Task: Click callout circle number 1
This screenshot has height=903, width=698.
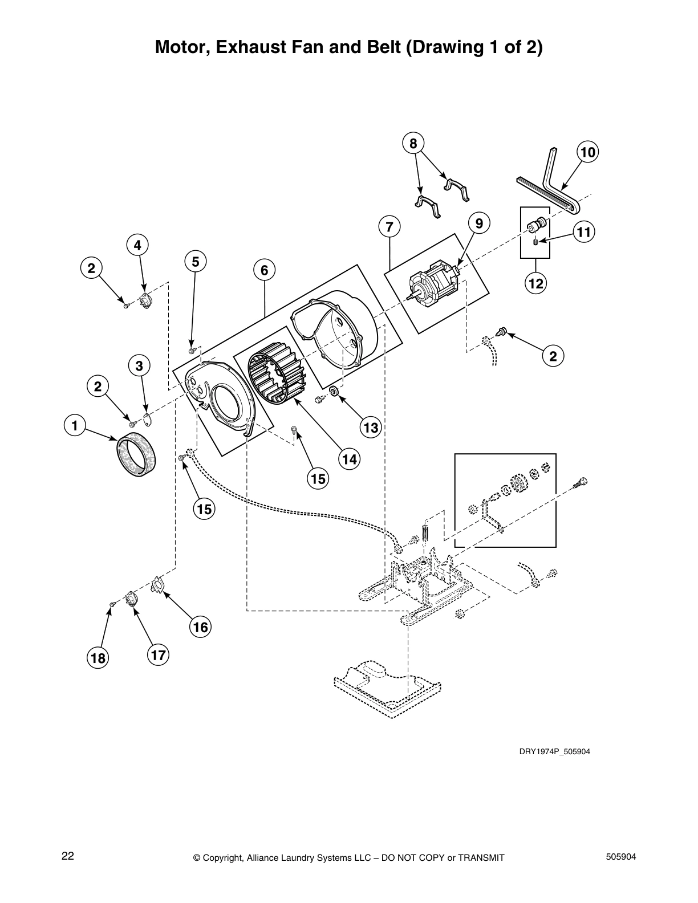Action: [x=74, y=425]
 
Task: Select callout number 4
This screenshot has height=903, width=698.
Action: [x=137, y=246]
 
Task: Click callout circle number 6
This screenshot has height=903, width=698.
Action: [x=265, y=270]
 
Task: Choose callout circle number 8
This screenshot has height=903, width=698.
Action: [x=413, y=143]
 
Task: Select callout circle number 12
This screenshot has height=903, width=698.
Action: [x=536, y=283]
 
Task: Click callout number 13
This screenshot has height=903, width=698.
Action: [x=371, y=428]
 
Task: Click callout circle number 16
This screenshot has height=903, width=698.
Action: [x=200, y=628]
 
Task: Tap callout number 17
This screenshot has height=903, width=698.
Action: [x=158, y=655]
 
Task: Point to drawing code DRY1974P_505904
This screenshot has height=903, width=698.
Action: [x=554, y=751]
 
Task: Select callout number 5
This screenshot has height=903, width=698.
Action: [x=195, y=262]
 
